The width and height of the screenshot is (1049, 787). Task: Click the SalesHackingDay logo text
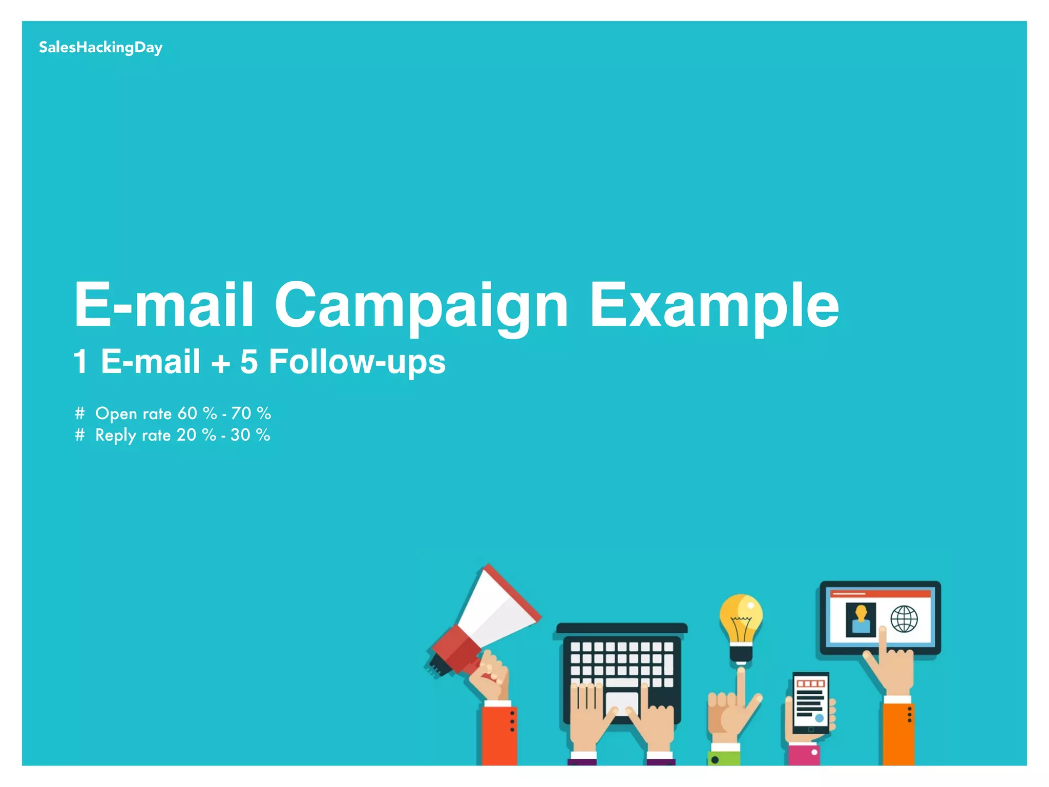[x=100, y=48]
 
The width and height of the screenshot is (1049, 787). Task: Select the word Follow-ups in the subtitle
[x=357, y=362]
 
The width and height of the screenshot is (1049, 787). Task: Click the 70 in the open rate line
[x=241, y=413]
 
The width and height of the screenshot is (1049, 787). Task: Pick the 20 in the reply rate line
[x=186, y=435]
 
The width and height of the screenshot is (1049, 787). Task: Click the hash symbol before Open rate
[x=79, y=413]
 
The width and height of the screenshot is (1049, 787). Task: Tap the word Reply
[x=116, y=436]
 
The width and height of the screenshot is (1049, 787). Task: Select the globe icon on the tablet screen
[x=904, y=619]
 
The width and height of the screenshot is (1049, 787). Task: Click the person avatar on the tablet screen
[x=861, y=619]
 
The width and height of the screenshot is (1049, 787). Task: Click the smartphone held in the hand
[x=810, y=702]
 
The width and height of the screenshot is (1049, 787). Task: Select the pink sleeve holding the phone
[x=804, y=755]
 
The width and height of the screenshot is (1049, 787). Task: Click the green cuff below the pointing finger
[x=723, y=758]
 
